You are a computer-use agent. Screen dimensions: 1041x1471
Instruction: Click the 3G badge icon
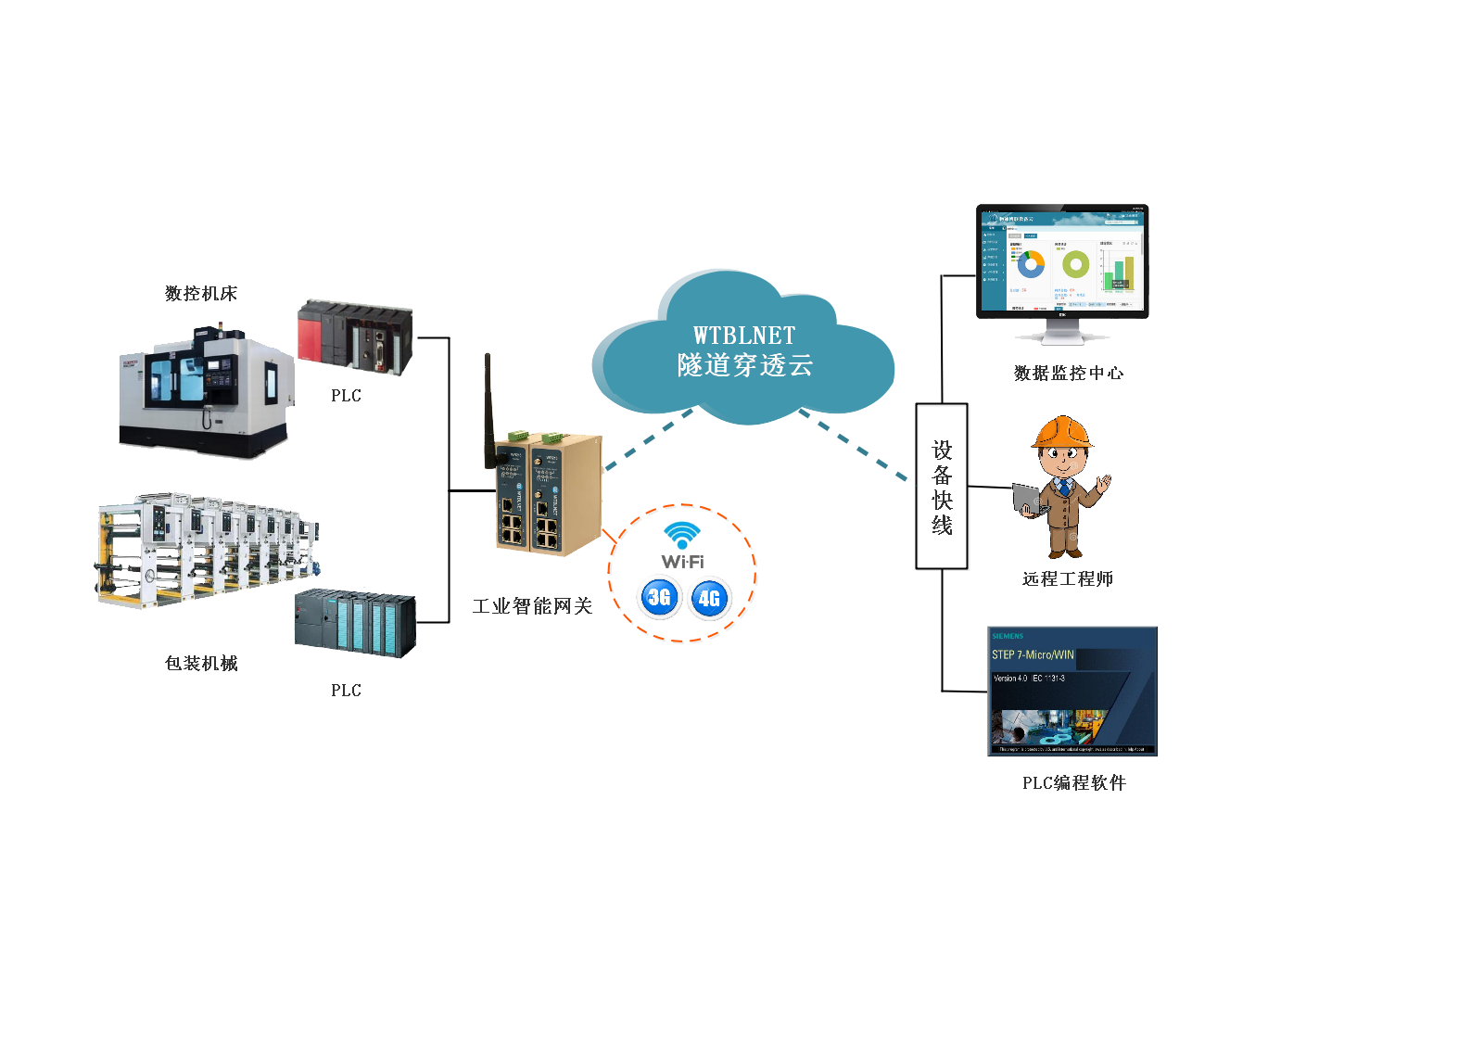point(658,598)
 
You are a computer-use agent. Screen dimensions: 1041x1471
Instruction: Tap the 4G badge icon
point(709,599)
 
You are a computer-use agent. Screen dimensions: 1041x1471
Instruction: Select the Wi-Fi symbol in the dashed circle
point(682,538)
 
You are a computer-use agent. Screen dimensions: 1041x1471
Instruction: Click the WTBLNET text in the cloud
point(744,336)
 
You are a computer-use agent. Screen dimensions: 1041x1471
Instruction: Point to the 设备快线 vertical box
point(942,487)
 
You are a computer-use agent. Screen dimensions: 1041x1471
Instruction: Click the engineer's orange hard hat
point(1062,432)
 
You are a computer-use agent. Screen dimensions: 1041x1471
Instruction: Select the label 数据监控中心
point(1069,374)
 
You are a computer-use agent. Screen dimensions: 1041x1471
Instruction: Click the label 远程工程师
point(1068,579)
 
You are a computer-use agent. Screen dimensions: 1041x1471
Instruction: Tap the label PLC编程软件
point(1074,783)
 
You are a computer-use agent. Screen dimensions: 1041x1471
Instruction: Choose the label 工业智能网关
point(532,606)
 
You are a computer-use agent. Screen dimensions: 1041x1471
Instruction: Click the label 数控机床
point(201,294)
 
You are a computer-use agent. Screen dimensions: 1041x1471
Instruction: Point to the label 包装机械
point(201,664)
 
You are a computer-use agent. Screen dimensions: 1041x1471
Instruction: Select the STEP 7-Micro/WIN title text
point(1033,655)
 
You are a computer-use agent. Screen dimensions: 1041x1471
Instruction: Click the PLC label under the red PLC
point(346,396)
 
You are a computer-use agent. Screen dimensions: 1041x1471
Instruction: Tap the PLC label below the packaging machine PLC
point(346,691)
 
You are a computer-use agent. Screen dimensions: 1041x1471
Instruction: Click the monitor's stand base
point(1062,337)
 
